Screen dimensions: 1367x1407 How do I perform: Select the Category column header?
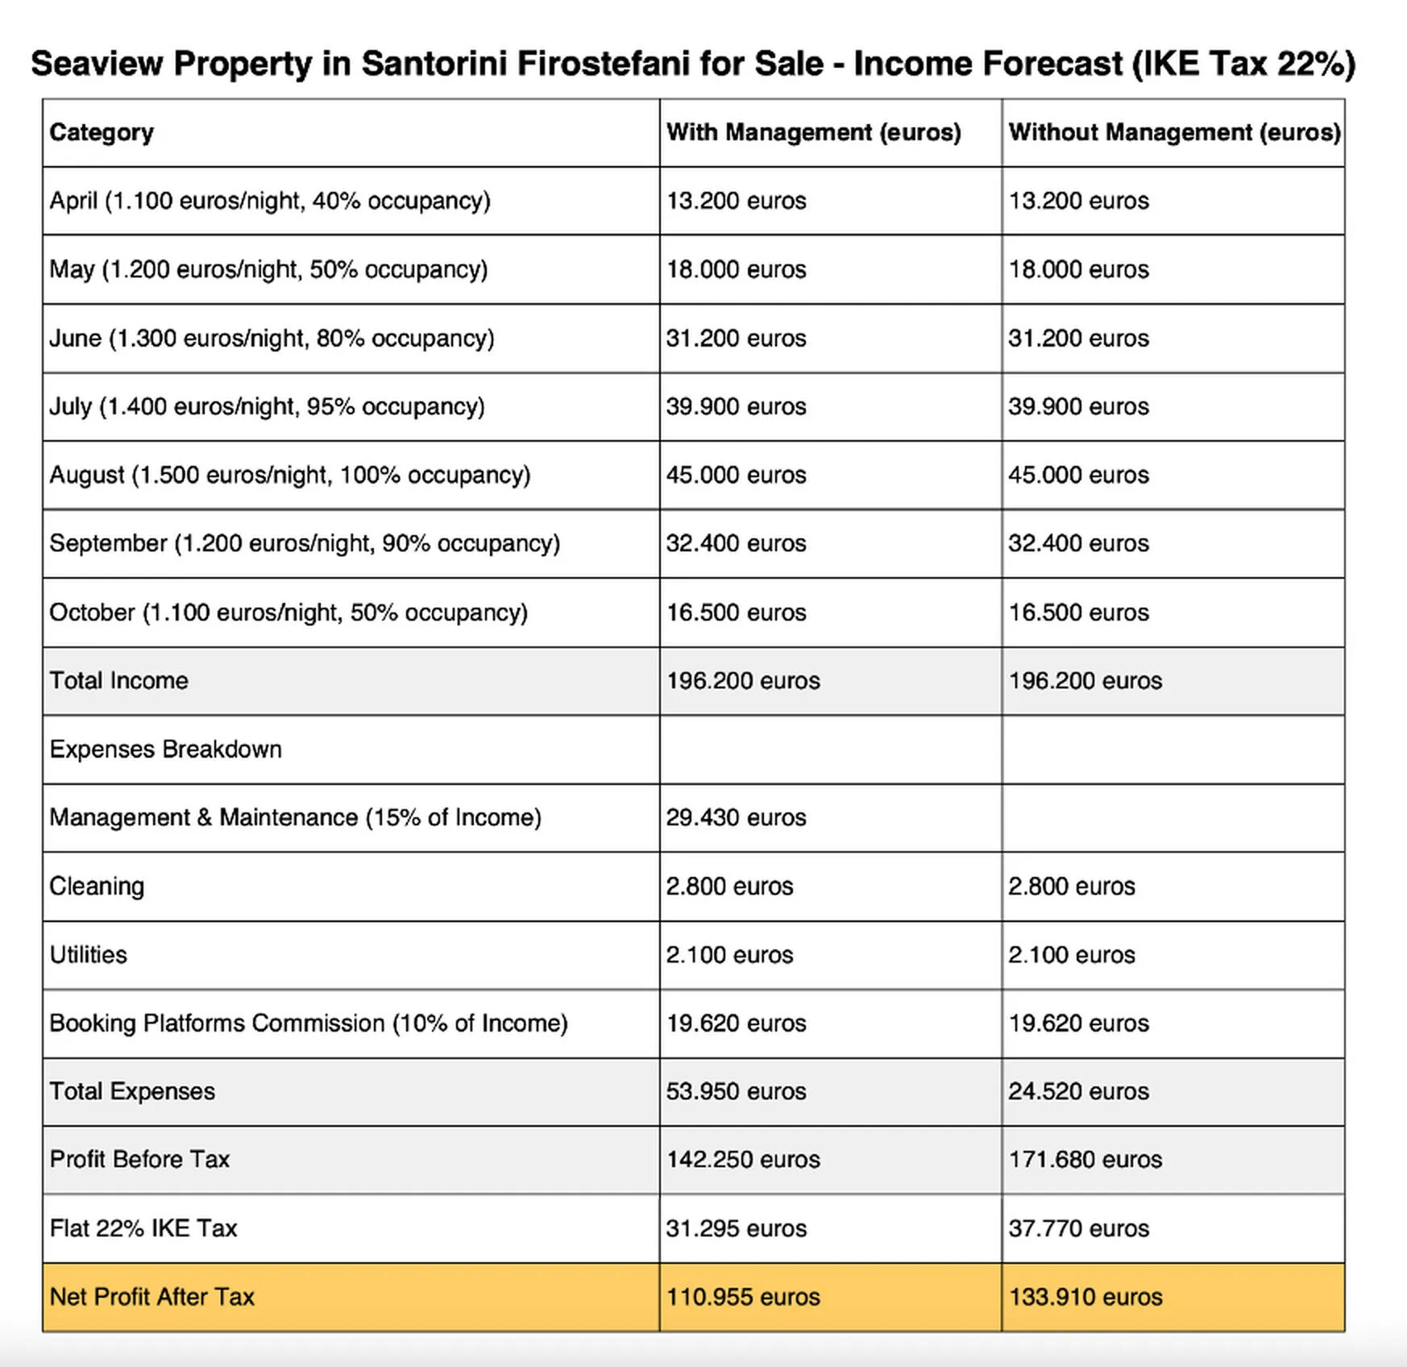(x=102, y=132)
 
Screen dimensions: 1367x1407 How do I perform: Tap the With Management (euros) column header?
(x=813, y=132)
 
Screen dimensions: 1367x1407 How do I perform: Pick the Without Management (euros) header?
(x=1174, y=132)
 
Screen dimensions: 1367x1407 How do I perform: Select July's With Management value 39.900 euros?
(x=736, y=406)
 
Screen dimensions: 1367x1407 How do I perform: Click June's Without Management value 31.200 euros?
(x=1078, y=338)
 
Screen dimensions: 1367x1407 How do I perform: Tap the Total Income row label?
(x=118, y=680)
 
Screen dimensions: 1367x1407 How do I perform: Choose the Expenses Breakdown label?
(x=165, y=749)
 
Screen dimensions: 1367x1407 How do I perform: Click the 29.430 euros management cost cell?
(x=736, y=817)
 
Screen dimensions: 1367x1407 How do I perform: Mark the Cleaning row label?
(x=97, y=886)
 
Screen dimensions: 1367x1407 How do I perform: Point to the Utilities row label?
(x=88, y=954)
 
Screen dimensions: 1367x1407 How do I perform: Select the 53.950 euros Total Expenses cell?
(x=736, y=1091)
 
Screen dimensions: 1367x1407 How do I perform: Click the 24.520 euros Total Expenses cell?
(x=1078, y=1091)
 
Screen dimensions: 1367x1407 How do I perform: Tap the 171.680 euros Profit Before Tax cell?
(x=1085, y=1160)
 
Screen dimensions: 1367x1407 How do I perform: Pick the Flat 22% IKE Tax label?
(x=143, y=1228)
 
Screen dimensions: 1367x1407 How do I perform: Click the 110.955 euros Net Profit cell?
(x=742, y=1297)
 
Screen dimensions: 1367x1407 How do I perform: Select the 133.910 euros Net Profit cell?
(x=1085, y=1297)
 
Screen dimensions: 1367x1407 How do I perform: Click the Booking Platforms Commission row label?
(x=308, y=1023)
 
